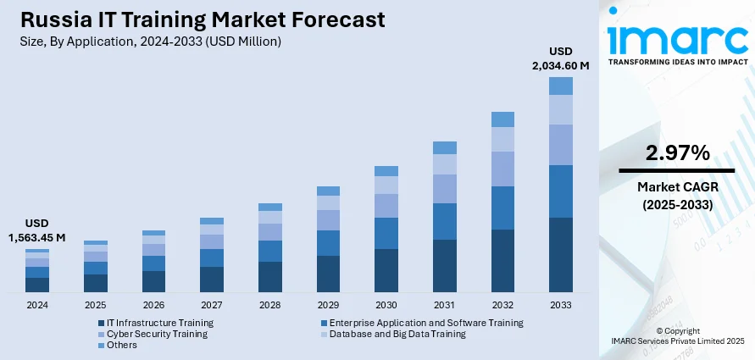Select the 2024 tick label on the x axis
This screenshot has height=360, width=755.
coord(37,305)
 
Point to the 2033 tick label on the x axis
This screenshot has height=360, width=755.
coord(561,305)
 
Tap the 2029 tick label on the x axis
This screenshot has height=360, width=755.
coord(328,305)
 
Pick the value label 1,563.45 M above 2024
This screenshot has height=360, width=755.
coord(37,237)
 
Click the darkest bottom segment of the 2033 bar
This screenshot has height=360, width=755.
coord(561,255)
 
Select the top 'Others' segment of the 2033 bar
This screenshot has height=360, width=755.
coord(561,86)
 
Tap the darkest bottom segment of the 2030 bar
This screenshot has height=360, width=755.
coord(386,270)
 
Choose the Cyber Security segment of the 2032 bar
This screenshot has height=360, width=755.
coord(502,169)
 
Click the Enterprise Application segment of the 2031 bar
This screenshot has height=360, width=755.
coord(444,221)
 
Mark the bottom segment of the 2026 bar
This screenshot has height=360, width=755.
coord(153,281)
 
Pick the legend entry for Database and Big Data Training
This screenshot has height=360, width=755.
coord(397,334)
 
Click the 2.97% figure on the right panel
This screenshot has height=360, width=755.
coord(676,153)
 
